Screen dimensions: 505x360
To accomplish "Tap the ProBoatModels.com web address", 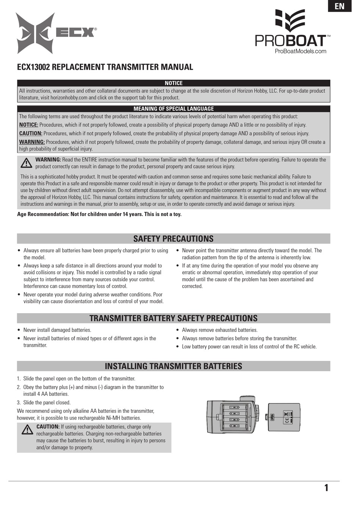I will [300, 51].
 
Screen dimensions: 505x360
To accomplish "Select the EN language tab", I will [340, 6].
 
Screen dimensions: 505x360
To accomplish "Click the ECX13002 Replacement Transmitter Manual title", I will [105, 67].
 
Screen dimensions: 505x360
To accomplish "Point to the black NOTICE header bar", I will [174, 83].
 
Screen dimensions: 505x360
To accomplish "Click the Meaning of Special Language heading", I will [174, 109].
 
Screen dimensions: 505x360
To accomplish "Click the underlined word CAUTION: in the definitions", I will [31, 133].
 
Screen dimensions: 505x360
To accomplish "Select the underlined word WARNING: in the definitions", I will [32, 142].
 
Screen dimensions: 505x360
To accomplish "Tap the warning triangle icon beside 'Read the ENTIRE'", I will [26, 163].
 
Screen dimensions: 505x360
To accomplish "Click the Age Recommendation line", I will [99, 214].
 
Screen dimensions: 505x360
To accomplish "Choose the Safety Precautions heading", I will [174, 239].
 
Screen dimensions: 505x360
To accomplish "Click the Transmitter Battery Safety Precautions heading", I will [174, 318].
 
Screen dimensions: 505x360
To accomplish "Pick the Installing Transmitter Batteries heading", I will [174, 366].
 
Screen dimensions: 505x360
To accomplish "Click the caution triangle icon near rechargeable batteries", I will [27, 430].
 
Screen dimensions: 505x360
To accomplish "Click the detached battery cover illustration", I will [284, 417].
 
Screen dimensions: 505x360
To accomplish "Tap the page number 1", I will [326, 488].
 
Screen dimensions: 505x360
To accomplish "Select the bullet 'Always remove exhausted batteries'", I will [219, 330].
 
